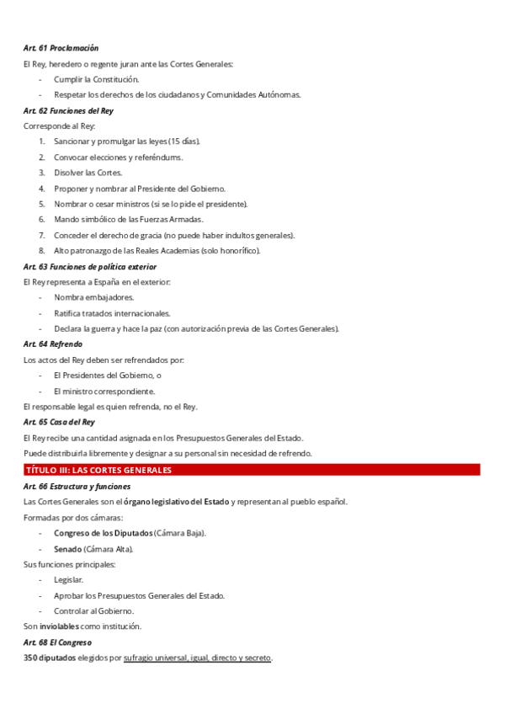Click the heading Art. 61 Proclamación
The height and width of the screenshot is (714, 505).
[x=61, y=48]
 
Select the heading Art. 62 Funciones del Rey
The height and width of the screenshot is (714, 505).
[x=68, y=110]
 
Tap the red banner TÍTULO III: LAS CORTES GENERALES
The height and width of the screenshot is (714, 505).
[x=98, y=470]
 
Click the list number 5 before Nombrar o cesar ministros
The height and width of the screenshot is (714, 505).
[x=41, y=204]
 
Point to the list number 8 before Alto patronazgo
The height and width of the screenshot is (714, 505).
[x=41, y=250]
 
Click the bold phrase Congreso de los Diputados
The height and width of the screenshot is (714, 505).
[x=104, y=533]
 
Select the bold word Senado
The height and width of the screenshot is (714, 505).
[x=68, y=549]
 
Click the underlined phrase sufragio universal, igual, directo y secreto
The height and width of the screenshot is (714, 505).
[x=197, y=658]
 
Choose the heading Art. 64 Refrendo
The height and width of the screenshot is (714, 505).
[x=53, y=344]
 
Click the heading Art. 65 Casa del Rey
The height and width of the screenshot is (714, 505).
[x=59, y=422]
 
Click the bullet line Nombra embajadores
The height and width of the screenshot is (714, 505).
[x=93, y=297]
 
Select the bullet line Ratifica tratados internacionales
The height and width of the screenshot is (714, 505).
[x=112, y=312]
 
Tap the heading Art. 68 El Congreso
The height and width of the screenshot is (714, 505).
[x=57, y=642]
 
